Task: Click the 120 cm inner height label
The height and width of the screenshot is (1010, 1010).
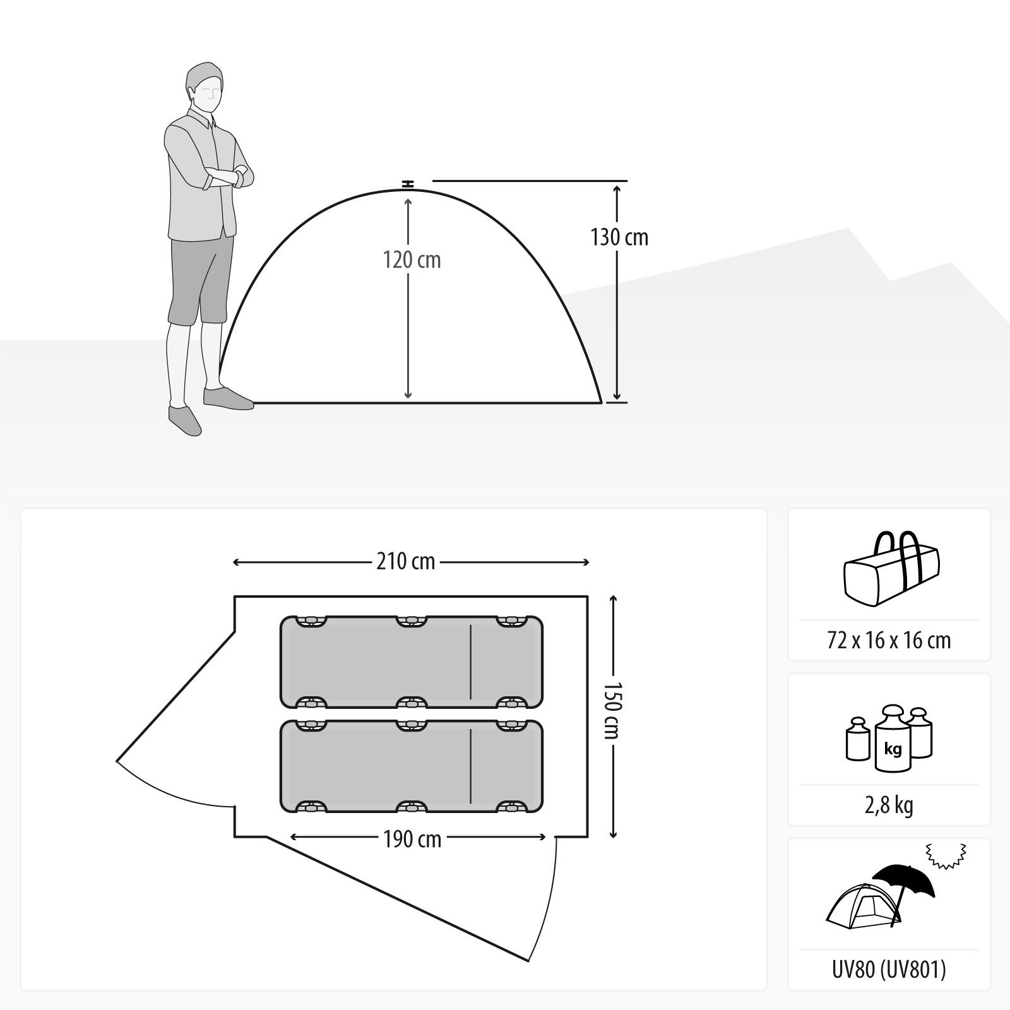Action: [x=412, y=260]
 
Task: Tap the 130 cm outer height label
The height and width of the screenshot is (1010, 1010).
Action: [x=619, y=237]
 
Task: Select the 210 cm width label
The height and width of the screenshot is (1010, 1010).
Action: [x=406, y=561]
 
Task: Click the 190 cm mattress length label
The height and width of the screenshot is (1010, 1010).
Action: [x=412, y=839]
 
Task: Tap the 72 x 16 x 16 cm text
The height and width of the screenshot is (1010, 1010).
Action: [x=889, y=640]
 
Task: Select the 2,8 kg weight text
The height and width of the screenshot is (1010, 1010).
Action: [x=889, y=805]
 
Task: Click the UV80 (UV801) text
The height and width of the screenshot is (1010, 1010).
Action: [x=889, y=969]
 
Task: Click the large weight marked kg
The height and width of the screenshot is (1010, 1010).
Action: [x=893, y=739]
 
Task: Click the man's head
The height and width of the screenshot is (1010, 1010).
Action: [x=205, y=87]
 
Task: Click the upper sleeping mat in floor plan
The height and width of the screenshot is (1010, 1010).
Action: [x=412, y=662]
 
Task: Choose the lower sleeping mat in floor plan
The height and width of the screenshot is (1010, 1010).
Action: [x=412, y=766]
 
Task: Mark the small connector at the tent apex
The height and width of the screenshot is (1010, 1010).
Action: [x=408, y=184]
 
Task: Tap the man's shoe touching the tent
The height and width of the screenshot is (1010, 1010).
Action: [x=227, y=398]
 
